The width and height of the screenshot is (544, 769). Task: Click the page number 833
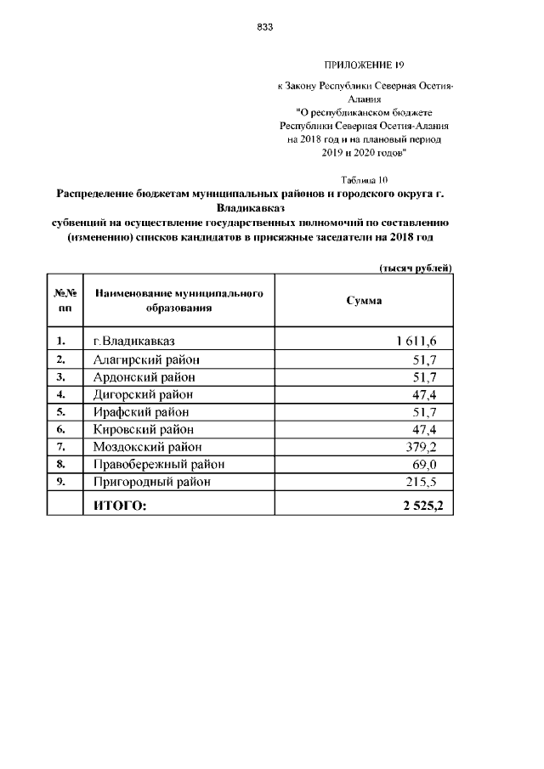coord(264,27)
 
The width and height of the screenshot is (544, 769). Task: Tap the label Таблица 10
coord(364,180)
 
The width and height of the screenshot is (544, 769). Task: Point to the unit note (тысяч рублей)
coord(416,269)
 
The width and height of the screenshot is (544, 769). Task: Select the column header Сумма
coord(364,301)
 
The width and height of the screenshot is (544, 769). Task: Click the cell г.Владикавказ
coord(134,342)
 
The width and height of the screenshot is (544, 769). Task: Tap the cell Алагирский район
coord(145,359)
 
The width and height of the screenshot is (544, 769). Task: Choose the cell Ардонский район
coord(144,376)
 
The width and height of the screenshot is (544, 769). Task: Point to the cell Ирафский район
coord(140,411)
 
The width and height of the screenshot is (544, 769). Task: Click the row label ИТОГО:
coord(119,506)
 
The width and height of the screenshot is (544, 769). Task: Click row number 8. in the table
coord(61,464)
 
